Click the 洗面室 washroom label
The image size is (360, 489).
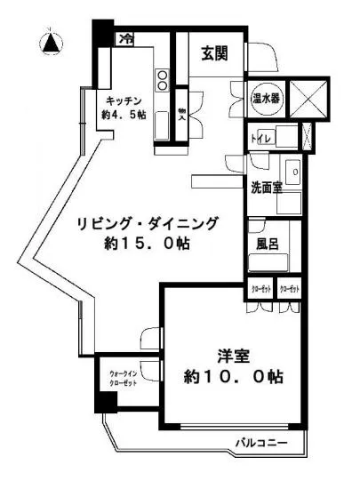click(x=267, y=188)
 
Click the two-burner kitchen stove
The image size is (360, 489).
click(x=163, y=81)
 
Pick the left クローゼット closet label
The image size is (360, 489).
click(x=260, y=290)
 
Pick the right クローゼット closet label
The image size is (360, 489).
click(x=289, y=290)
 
